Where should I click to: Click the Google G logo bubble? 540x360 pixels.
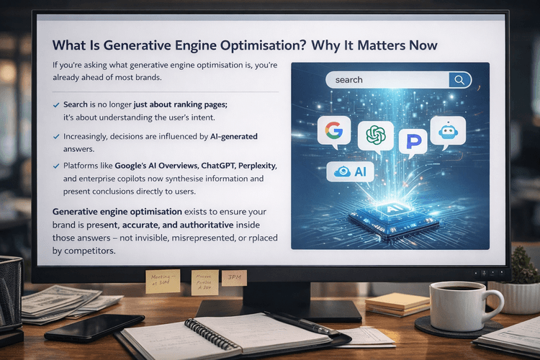click(x=333, y=131)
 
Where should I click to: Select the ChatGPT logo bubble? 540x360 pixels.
click(x=376, y=135)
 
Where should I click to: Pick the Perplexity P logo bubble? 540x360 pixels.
click(x=413, y=141)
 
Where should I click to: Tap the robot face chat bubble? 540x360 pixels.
click(x=447, y=131)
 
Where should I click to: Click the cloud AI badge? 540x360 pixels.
click(x=351, y=171)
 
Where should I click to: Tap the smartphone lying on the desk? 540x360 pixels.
click(x=84, y=326)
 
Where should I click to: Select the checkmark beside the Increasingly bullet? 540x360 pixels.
click(x=57, y=136)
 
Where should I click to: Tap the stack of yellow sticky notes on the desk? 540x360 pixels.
click(x=397, y=303)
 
